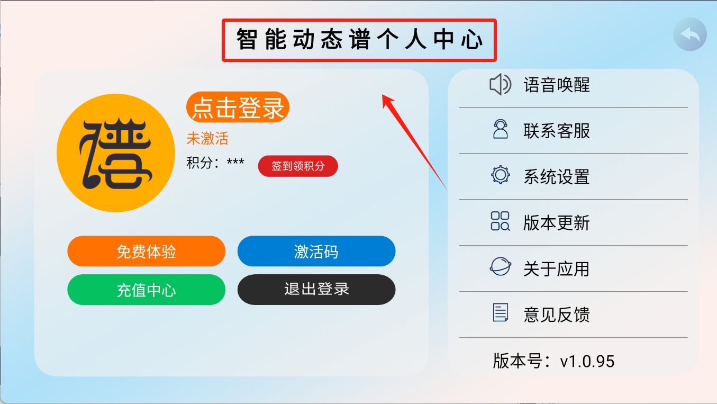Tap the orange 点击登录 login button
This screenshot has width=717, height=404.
[238, 107]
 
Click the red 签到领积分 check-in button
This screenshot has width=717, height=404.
[298, 166]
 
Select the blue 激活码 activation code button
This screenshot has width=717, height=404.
[316, 251]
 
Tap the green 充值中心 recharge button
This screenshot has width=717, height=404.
[146, 290]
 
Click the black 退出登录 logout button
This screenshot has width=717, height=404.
[316, 290]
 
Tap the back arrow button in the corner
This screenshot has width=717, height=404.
[690, 34]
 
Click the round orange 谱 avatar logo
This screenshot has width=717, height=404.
[116, 153]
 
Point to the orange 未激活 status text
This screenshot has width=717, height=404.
[207, 138]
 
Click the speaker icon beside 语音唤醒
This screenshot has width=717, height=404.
[500, 85]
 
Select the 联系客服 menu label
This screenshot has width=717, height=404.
[557, 131]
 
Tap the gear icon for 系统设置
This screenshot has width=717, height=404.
[500, 175]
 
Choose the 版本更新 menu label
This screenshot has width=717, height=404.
[557, 223]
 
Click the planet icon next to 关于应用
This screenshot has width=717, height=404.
[500, 266]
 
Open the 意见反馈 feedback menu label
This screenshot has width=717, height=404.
[557, 315]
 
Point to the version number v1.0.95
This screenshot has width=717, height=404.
[587, 362]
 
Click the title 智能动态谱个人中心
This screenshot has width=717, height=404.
[359, 40]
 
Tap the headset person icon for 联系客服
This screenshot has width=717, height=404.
[500, 129]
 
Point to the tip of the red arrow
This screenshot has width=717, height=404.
[383, 94]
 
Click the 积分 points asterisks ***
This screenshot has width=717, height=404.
[235, 161]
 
